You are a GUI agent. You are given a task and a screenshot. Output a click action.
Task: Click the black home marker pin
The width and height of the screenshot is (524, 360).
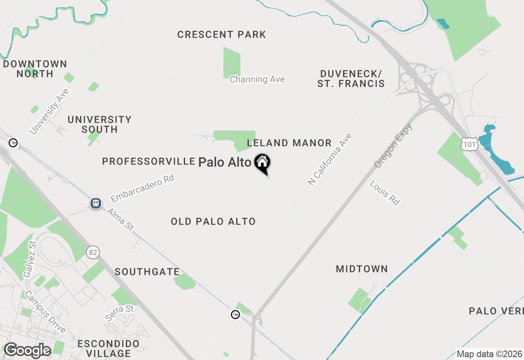(262, 163)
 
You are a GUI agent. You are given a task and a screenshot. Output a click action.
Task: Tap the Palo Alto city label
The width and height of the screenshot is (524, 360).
(224, 162)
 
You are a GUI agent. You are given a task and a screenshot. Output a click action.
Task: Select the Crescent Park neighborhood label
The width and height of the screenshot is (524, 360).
(221, 35)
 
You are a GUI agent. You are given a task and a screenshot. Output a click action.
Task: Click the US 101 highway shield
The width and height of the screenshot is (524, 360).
(469, 143)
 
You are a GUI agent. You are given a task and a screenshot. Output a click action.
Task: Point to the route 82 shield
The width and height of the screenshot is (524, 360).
(93, 253)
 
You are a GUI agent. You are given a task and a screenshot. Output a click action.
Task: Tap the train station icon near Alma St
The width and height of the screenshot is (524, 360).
(96, 203)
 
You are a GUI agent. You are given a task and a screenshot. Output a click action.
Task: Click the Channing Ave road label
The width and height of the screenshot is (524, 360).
(257, 79)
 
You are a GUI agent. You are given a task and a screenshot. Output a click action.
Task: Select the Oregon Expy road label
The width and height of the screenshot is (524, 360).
(393, 145)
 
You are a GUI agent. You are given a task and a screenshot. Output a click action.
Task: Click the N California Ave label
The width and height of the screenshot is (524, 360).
(330, 159)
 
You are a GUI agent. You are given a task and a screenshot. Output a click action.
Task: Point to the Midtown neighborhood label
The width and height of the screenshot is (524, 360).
(361, 269)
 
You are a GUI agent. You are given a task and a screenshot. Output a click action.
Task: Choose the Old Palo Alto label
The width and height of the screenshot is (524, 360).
(213, 222)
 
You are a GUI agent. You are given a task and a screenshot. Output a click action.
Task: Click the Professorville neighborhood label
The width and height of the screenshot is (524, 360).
(148, 162)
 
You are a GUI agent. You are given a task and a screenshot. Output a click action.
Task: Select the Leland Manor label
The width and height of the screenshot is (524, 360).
(289, 143)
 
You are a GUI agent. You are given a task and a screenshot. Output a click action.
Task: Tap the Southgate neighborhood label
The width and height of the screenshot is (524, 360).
(147, 272)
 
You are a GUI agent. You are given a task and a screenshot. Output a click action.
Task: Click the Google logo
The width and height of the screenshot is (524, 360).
(27, 350)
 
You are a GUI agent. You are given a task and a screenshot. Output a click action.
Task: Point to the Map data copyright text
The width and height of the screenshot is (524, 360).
(489, 354)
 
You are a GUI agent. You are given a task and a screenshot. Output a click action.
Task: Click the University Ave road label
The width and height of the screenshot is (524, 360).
(49, 111)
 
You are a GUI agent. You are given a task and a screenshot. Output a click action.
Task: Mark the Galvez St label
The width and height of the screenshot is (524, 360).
(30, 259)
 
